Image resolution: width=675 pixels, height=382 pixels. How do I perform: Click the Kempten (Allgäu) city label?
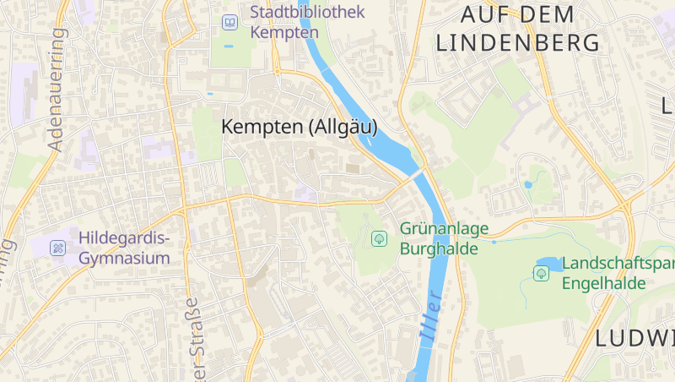coord(299,127)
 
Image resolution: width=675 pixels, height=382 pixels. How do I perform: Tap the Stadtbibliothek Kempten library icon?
coord(229,22)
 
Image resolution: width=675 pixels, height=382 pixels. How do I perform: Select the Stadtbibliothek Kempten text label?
coord(308,22)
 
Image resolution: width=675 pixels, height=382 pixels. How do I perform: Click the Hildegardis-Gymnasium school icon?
coord(57,248)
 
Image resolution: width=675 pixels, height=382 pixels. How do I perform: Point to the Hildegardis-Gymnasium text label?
coord(124,248)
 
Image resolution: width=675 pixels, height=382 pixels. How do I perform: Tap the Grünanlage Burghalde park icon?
coord(379,238)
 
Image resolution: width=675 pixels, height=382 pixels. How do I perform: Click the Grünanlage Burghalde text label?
coord(439,238)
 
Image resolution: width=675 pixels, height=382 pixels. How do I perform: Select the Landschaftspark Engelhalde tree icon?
coord(541,273)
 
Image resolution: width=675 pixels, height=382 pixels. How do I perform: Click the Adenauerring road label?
coord(57,89)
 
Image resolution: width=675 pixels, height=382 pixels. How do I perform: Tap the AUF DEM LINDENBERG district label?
coord(517,28)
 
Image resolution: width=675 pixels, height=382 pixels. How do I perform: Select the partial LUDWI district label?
coord(635,339)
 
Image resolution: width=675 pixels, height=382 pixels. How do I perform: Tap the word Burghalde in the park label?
coord(439,248)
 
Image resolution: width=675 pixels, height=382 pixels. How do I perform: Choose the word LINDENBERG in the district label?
coord(517,42)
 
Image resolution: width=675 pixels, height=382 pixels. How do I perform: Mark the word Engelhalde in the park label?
coord(604,283)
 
